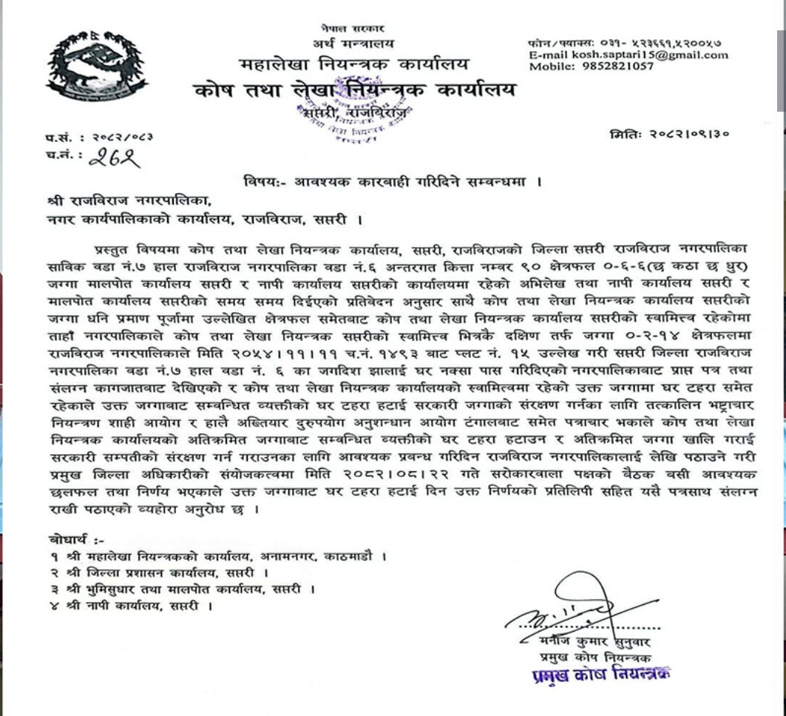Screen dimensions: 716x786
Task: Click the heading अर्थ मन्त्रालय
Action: tap(353, 44)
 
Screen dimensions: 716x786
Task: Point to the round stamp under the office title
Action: tap(356, 118)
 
